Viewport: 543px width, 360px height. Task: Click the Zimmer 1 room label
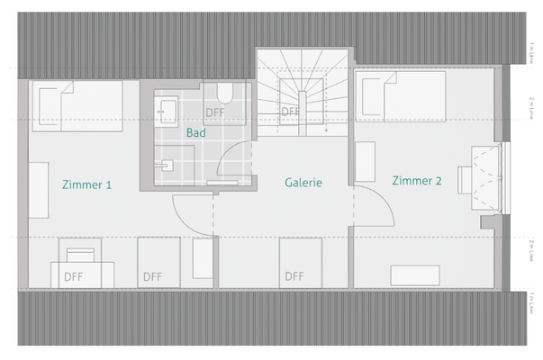coord(87,185)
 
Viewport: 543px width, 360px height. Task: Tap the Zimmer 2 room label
coord(417,181)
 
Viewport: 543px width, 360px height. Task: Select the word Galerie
coord(303,183)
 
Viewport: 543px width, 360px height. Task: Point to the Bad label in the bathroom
coord(195,132)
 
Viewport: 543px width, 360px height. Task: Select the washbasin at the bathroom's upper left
coord(167,111)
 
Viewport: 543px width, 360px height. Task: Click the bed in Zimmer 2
coord(403,94)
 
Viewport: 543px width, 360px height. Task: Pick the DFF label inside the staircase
coord(290,112)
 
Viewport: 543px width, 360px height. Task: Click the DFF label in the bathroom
coord(215,112)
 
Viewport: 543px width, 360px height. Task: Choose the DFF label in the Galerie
coord(294,276)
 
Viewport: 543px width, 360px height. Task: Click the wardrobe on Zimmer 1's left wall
coord(39,189)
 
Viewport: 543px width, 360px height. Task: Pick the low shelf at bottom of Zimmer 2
coord(415,275)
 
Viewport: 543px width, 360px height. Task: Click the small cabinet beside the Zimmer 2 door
coord(367,162)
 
